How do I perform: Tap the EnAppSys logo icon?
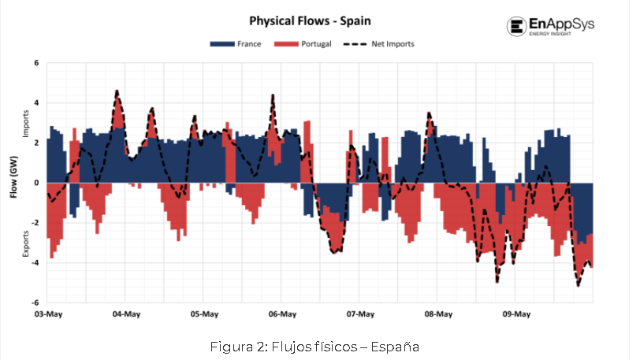[x=517, y=27]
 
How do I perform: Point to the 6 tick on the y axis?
[x=36, y=63]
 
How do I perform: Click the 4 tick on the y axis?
[x=36, y=103]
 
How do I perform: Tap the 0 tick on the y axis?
[x=36, y=183]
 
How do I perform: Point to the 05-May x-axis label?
[x=204, y=314]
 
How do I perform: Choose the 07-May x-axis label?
[x=360, y=314]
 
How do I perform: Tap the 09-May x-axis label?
[x=516, y=314]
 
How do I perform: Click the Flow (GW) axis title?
[x=14, y=182]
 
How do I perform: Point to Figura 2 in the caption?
[x=241, y=347]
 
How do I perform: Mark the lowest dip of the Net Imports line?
[x=578, y=285]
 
